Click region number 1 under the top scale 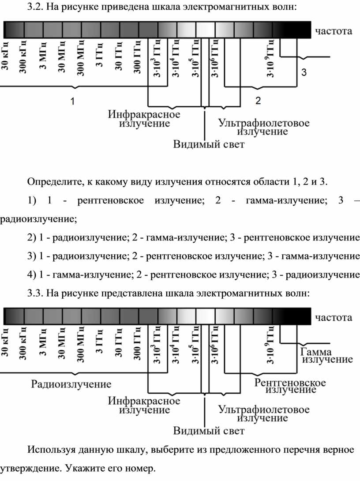[72, 101]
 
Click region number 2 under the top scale [258, 100]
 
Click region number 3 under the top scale [304, 72]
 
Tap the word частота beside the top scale [334, 31]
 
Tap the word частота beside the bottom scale [334, 317]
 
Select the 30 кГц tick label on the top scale [6, 56]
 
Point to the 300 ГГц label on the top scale [137, 57]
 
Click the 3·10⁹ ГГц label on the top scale [270, 59]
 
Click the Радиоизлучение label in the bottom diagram [71, 384]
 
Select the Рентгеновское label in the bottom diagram [290, 383]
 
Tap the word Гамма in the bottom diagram [316, 352]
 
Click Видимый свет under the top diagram [209, 144]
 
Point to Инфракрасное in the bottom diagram [144, 401]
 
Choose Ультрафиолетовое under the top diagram [264, 123]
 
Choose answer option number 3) [32, 256]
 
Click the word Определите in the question [54, 182]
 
